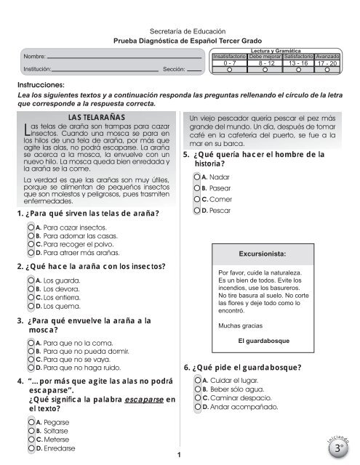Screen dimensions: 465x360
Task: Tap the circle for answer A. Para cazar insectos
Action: click(29, 227)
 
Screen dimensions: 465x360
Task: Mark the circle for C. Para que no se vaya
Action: click(29, 359)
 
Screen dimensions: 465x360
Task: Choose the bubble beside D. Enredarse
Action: click(29, 449)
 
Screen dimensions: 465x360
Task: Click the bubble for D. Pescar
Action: click(196, 210)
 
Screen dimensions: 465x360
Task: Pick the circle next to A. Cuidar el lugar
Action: click(196, 381)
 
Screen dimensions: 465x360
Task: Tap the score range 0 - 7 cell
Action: click(230, 64)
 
